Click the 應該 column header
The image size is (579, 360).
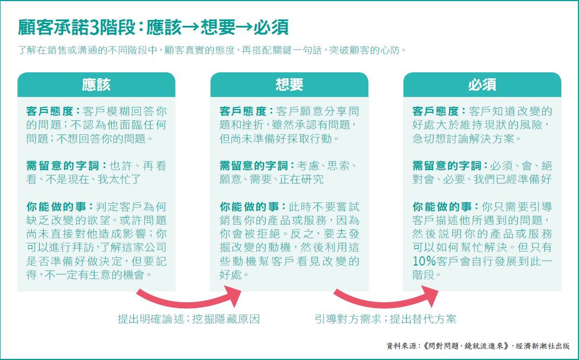[96, 85]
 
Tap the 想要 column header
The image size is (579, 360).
[289, 85]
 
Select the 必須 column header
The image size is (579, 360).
[482, 85]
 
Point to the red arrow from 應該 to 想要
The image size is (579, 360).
[188, 298]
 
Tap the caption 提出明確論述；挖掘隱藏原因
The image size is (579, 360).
[188, 319]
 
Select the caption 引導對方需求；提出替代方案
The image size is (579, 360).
[385, 319]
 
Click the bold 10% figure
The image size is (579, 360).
[424, 261]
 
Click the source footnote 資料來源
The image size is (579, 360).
[478, 345]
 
